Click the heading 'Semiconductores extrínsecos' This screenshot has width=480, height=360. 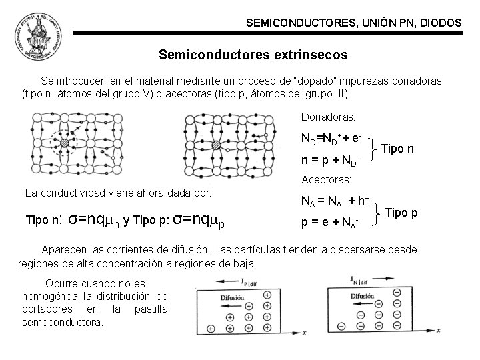pos(253,54)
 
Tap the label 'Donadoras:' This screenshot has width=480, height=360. pos(328,117)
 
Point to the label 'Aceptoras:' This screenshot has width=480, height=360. pos(327,180)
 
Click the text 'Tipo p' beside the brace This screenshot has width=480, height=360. pos(402,213)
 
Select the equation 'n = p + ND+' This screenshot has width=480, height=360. pos(331,160)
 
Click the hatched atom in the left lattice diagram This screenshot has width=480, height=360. pos(65,143)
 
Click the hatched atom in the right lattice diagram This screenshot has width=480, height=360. pos(215,145)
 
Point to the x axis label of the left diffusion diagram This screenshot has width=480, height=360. pos(304,331)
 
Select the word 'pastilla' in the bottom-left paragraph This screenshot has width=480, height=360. pos(151,309)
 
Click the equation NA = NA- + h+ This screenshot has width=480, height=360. pos(335,201)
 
